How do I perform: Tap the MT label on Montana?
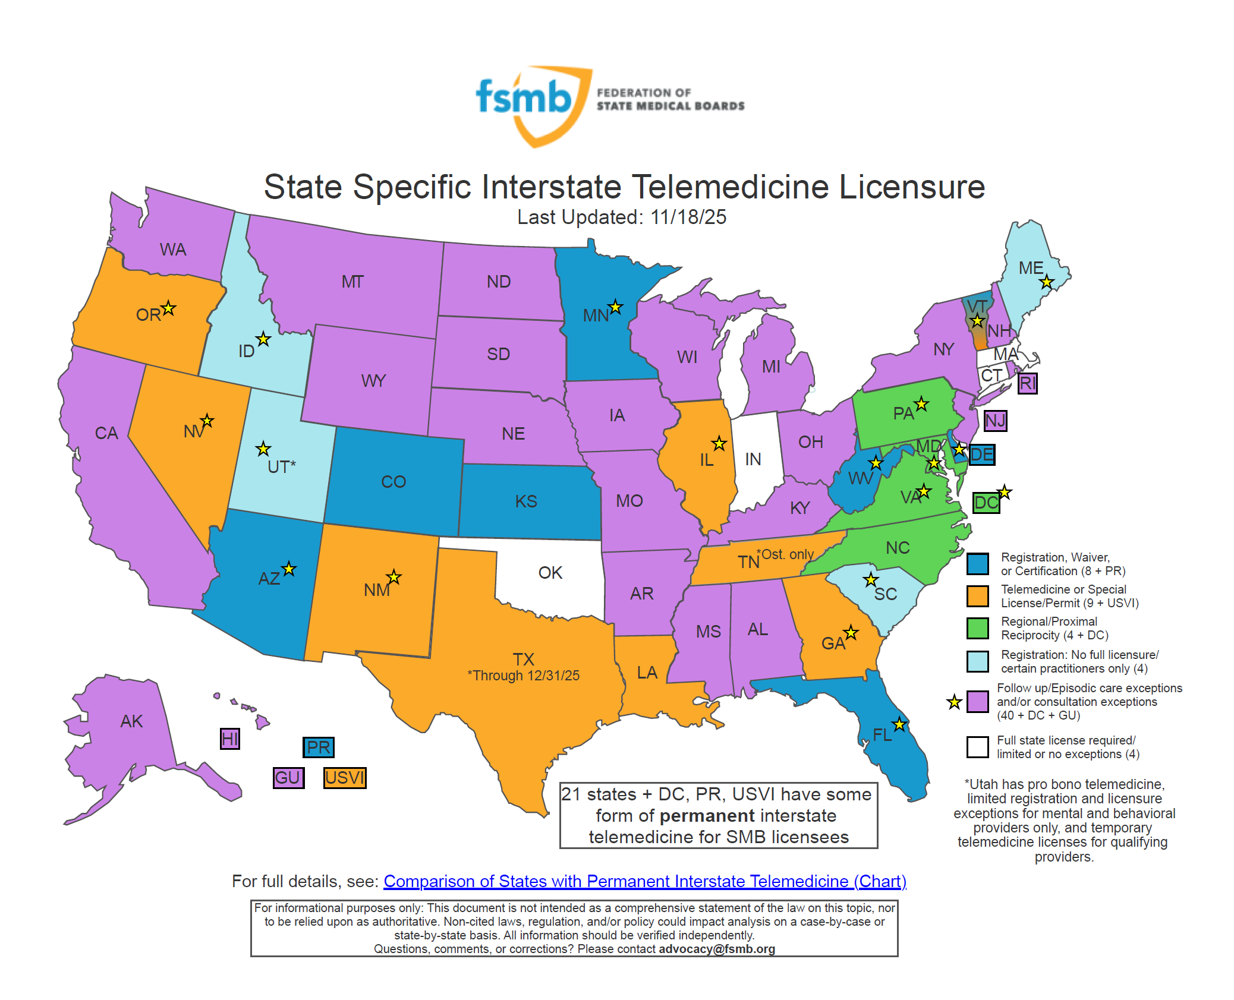[352, 282]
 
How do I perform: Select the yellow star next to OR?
[169, 308]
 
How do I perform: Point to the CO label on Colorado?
[393, 481]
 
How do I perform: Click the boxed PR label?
[319, 747]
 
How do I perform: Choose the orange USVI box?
[345, 778]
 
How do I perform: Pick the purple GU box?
[288, 778]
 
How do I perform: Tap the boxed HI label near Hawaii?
[229, 739]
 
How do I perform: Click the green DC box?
[986, 503]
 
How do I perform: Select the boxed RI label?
[1027, 383]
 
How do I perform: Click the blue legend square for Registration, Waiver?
[977, 564]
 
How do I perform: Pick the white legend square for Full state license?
[977, 747]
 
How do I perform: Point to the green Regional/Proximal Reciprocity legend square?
[977, 628]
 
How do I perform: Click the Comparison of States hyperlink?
[644, 881]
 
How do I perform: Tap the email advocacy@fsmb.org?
[716, 949]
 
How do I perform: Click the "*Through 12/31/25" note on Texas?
[523, 676]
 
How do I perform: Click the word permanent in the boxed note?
[707, 816]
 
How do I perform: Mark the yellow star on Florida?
[899, 724]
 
